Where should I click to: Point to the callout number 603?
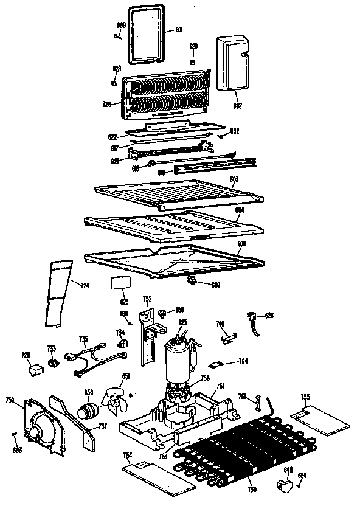[x=234, y=178]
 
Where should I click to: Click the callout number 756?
[x=10, y=400]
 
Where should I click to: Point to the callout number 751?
[x=221, y=386]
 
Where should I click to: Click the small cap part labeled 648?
[x=283, y=483]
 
